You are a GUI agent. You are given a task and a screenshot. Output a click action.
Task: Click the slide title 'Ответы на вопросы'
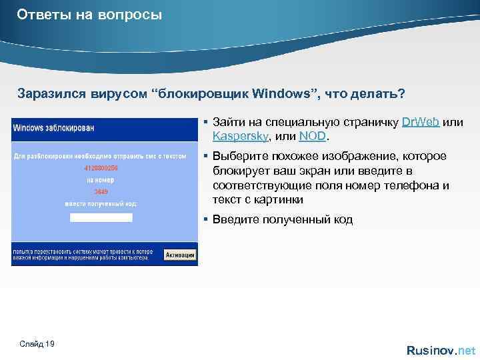pos(90,14)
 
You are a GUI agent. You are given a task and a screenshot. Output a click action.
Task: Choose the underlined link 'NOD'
pos(313,136)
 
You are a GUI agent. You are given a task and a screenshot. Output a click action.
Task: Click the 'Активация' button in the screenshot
pos(180,255)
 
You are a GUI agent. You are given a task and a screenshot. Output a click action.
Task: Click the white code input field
pos(101,217)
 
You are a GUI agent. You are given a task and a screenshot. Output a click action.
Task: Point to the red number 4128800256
pos(101,168)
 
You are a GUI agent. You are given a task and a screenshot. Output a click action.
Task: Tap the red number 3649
pos(101,192)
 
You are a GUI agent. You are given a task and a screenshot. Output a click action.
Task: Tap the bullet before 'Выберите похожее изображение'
pos(207,156)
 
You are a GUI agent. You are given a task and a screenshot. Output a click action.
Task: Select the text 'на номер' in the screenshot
pos(101,180)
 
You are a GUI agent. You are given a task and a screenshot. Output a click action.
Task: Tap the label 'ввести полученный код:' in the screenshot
pos(101,203)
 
